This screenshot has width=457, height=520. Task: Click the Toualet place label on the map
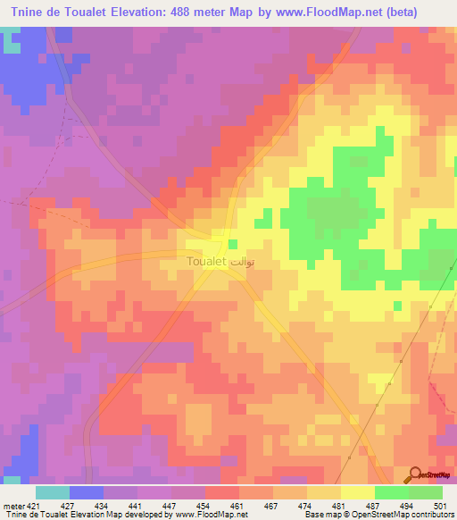[207, 263]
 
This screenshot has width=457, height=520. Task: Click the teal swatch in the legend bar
[53, 491]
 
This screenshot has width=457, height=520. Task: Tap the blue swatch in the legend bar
[87, 491]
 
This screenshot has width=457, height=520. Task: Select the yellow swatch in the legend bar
[358, 491]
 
